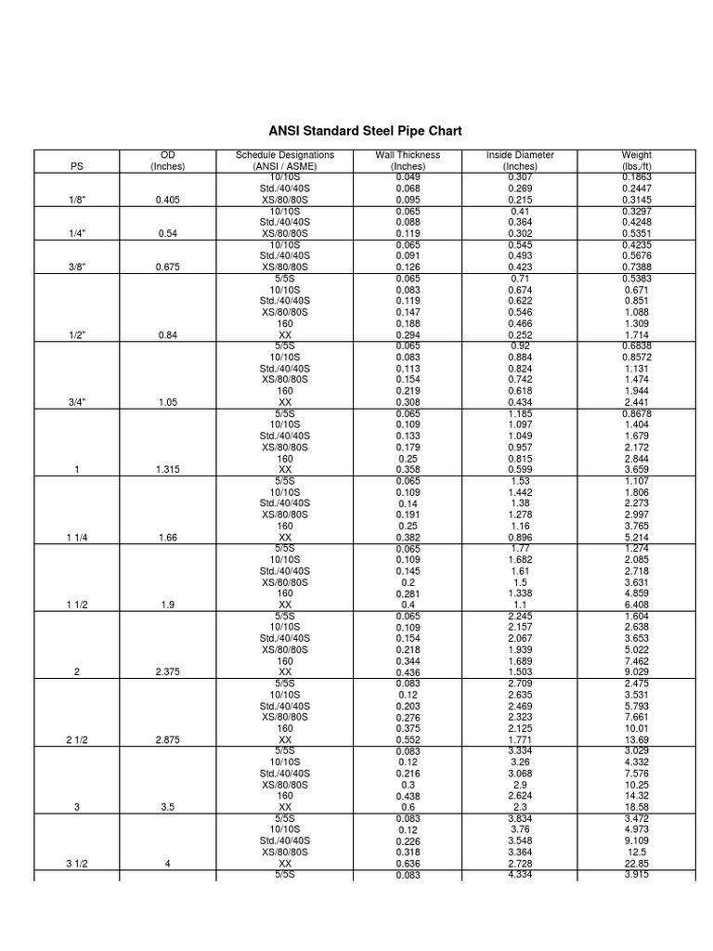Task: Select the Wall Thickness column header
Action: coord(408,161)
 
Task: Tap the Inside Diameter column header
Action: coord(520,161)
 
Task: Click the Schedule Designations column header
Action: coord(285,161)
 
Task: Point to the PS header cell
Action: coord(76,167)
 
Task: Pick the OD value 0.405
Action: coord(168,200)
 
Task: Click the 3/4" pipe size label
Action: coord(76,402)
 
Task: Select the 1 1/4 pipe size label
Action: coord(76,538)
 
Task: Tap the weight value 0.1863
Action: coord(637,177)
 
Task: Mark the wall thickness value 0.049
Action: coord(408,177)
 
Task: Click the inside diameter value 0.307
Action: coord(520,177)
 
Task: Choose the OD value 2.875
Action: coord(168,740)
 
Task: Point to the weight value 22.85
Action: coord(637,864)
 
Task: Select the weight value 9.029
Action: coord(637,671)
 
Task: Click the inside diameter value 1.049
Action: coord(520,436)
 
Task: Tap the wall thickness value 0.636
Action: coord(408,864)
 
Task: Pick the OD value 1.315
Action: coord(168,470)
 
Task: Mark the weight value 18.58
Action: coord(637,808)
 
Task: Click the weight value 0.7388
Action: coord(637,267)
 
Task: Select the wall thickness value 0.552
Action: coord(408,740)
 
